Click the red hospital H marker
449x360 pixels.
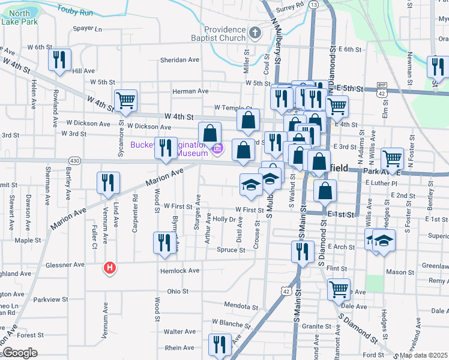pos(109,268)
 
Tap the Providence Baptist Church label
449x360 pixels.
pos(224,34)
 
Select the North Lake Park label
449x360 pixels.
pos(19,17)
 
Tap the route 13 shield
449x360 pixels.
pos(313,4)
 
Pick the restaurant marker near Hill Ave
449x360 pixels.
pos(59,59)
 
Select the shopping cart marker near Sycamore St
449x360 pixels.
pos(125,100)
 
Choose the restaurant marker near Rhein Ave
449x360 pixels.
pos(220,345)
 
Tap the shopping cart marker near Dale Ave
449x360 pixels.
pos(339,289)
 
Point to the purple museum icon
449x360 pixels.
pos(218,149)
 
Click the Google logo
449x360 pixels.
pos(20,353)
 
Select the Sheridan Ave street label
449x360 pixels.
pos(179,60)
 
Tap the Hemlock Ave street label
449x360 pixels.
pos(179,271)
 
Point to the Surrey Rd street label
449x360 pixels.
pos(291,8)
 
